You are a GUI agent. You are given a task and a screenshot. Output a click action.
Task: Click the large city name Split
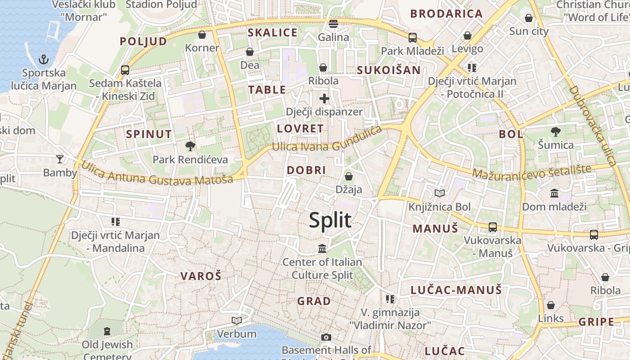[330, 221]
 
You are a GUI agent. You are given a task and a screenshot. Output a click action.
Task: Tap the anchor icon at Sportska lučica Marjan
[44, 59]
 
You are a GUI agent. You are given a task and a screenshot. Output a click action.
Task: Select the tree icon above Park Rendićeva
[190, 146]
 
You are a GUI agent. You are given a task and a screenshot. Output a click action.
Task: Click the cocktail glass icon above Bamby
[59, 159]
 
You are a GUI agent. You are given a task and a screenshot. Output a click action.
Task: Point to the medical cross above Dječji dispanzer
[324, 99]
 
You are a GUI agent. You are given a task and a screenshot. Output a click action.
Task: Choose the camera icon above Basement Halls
[326, 337]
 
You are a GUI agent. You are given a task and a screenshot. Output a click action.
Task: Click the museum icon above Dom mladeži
[554, 193]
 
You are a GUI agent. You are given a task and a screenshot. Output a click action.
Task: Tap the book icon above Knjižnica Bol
[440, 193]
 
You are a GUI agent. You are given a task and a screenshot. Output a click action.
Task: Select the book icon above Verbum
[237, 320]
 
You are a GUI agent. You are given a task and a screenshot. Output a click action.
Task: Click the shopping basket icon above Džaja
[349, 176]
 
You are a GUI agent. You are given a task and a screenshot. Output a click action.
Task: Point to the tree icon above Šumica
[556, 132]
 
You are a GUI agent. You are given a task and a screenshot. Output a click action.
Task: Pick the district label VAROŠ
[201, 276]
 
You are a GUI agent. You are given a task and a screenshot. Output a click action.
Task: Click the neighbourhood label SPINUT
[149, 134]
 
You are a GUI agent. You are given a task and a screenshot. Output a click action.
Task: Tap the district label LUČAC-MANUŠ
[456, 290]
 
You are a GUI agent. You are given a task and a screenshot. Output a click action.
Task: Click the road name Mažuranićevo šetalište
[531, 171]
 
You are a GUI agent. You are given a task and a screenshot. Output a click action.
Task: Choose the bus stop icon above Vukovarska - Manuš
[493, 227]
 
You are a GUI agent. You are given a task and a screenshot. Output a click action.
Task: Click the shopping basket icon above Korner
[202, 35]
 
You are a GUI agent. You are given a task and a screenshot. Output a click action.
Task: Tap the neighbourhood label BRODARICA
[446, 14]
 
